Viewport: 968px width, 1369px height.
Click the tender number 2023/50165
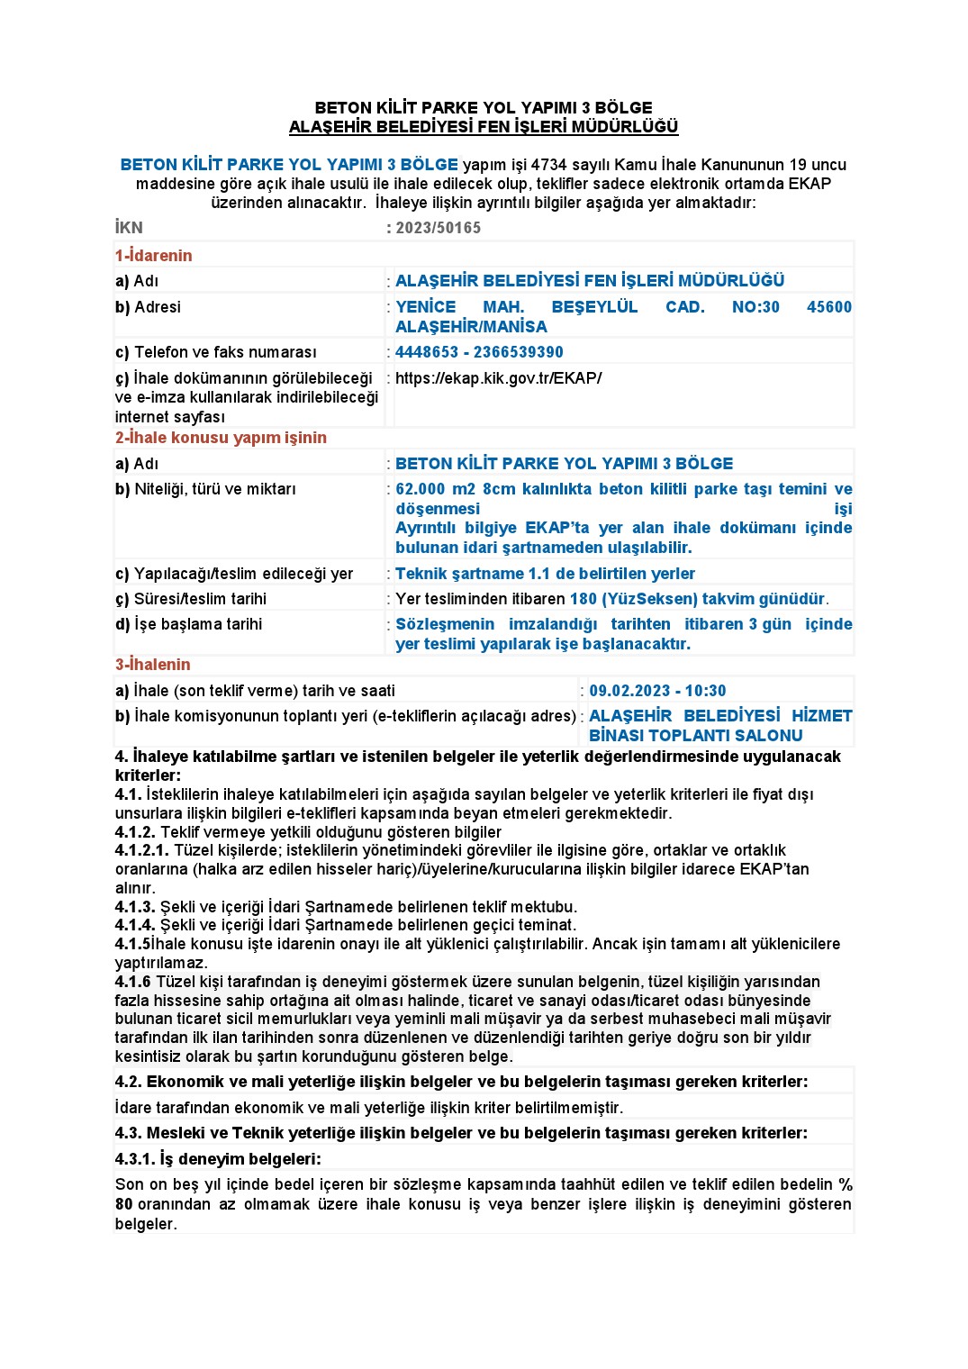[438, 228]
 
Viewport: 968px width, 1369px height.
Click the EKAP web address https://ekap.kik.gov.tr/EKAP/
[498, 378]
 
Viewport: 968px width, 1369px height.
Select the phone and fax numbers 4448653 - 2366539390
[479, 352]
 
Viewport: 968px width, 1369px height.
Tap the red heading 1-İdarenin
[153, 256]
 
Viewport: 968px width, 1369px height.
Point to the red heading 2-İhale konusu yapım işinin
[221, 438]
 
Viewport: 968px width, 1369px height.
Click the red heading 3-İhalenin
[152, 665]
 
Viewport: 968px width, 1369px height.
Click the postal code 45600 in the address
[828, 307]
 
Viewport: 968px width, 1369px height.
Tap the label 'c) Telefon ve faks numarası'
[215, 352]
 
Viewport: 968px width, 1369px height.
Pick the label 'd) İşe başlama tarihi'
[188, 624]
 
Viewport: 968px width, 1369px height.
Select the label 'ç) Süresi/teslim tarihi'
[190, 599]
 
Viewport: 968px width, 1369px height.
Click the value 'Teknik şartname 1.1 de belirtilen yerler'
[545, 574]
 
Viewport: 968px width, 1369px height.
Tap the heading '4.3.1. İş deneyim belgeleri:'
[218, 1159]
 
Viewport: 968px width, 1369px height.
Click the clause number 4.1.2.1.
[141, 850]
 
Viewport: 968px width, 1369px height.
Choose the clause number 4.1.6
[132, 982]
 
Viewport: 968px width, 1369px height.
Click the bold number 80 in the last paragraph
[123, 1204]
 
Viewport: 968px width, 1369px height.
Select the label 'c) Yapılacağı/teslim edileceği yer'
[233, 574]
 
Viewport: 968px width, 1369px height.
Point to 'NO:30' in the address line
[755, 307]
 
